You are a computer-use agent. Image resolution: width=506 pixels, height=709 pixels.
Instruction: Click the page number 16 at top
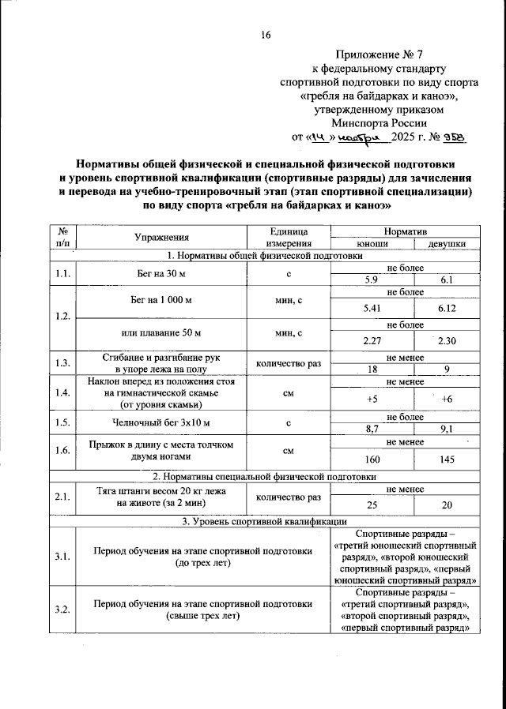266,35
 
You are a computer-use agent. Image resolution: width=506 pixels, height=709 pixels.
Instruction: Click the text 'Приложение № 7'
379,55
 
